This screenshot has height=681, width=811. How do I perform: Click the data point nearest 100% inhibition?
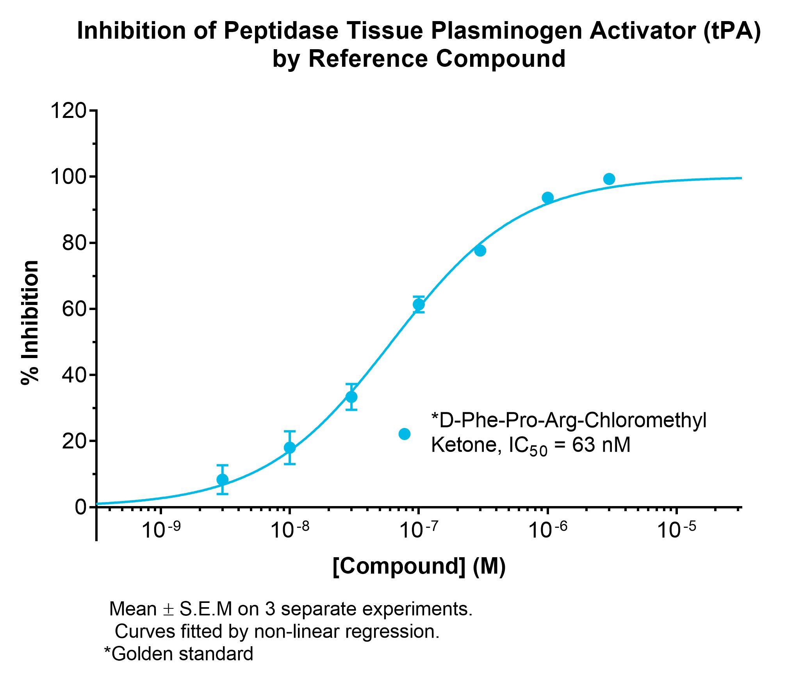pyautogui.click(x=609, y=179)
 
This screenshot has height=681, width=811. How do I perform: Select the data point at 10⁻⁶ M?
pyautogui.click(x=547, y=198)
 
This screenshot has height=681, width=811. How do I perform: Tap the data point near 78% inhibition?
pyautogui.click(x=480, y=251)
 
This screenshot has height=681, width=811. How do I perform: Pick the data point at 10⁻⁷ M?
pyautogui.click(x=419, y=304)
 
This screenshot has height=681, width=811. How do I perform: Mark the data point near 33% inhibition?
pyautogui.click(x=351, y=397)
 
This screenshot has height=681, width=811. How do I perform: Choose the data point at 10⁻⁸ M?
pyautogui.click(x=290, y=447)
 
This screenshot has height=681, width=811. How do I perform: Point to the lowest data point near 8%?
pyautogui.click(x=223, y=480)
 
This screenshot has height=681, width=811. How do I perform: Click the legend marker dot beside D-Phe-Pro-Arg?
pyautogui.click(x=405, y=434)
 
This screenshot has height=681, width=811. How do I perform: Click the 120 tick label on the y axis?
pyautogui.click(x=68, y=111)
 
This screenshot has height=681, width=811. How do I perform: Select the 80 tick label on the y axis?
pyautogui.click(x=74, y=243)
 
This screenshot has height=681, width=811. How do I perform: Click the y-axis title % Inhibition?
pyautogui.click(x=30, y=323)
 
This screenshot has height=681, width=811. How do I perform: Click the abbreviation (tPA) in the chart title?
pyautogui.click(x=732, y=31)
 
